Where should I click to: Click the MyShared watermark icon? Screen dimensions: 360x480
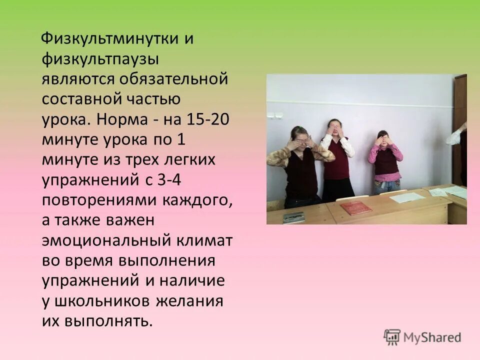[x=392, y=337]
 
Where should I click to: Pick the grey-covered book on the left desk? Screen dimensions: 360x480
[x=293, y=217]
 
